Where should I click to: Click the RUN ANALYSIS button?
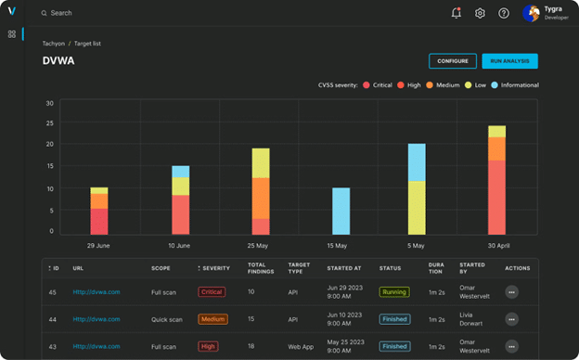click(509, 61)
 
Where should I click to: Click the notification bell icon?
click(456, 13)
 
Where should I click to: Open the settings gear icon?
click(480, 13)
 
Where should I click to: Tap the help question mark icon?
click(504, 13)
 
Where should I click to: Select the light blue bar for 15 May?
click(341, 211)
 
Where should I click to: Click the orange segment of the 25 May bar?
click(261, 198)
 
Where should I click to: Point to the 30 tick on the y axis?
click(50, 103)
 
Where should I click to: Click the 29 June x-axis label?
click(99, 246)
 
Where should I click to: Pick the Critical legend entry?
click(379, 84)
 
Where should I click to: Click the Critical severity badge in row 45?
click(212, 292)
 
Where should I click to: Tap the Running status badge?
click(393, 292)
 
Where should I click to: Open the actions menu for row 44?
click(511, 319)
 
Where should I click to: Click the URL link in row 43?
click(97, 346)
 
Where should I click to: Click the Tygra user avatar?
click(531, 13)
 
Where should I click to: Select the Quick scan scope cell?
click(169, 319)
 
